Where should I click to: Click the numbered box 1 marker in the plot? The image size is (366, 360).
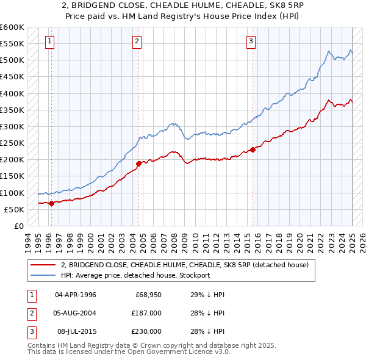[49, 41]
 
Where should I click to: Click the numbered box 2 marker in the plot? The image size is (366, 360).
[137, 41]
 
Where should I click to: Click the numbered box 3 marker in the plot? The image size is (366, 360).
[251, 41]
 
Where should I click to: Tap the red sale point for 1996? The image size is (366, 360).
[51, 203]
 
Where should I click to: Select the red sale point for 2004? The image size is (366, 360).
[139, 164]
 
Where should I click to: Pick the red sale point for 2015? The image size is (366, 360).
[253, 149]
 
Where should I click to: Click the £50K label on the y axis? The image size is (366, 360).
[14, 209]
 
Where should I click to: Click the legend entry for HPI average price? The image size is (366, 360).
[135, 275]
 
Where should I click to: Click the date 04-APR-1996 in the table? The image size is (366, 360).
[75, 295]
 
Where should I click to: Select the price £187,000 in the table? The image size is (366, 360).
[146, 313]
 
